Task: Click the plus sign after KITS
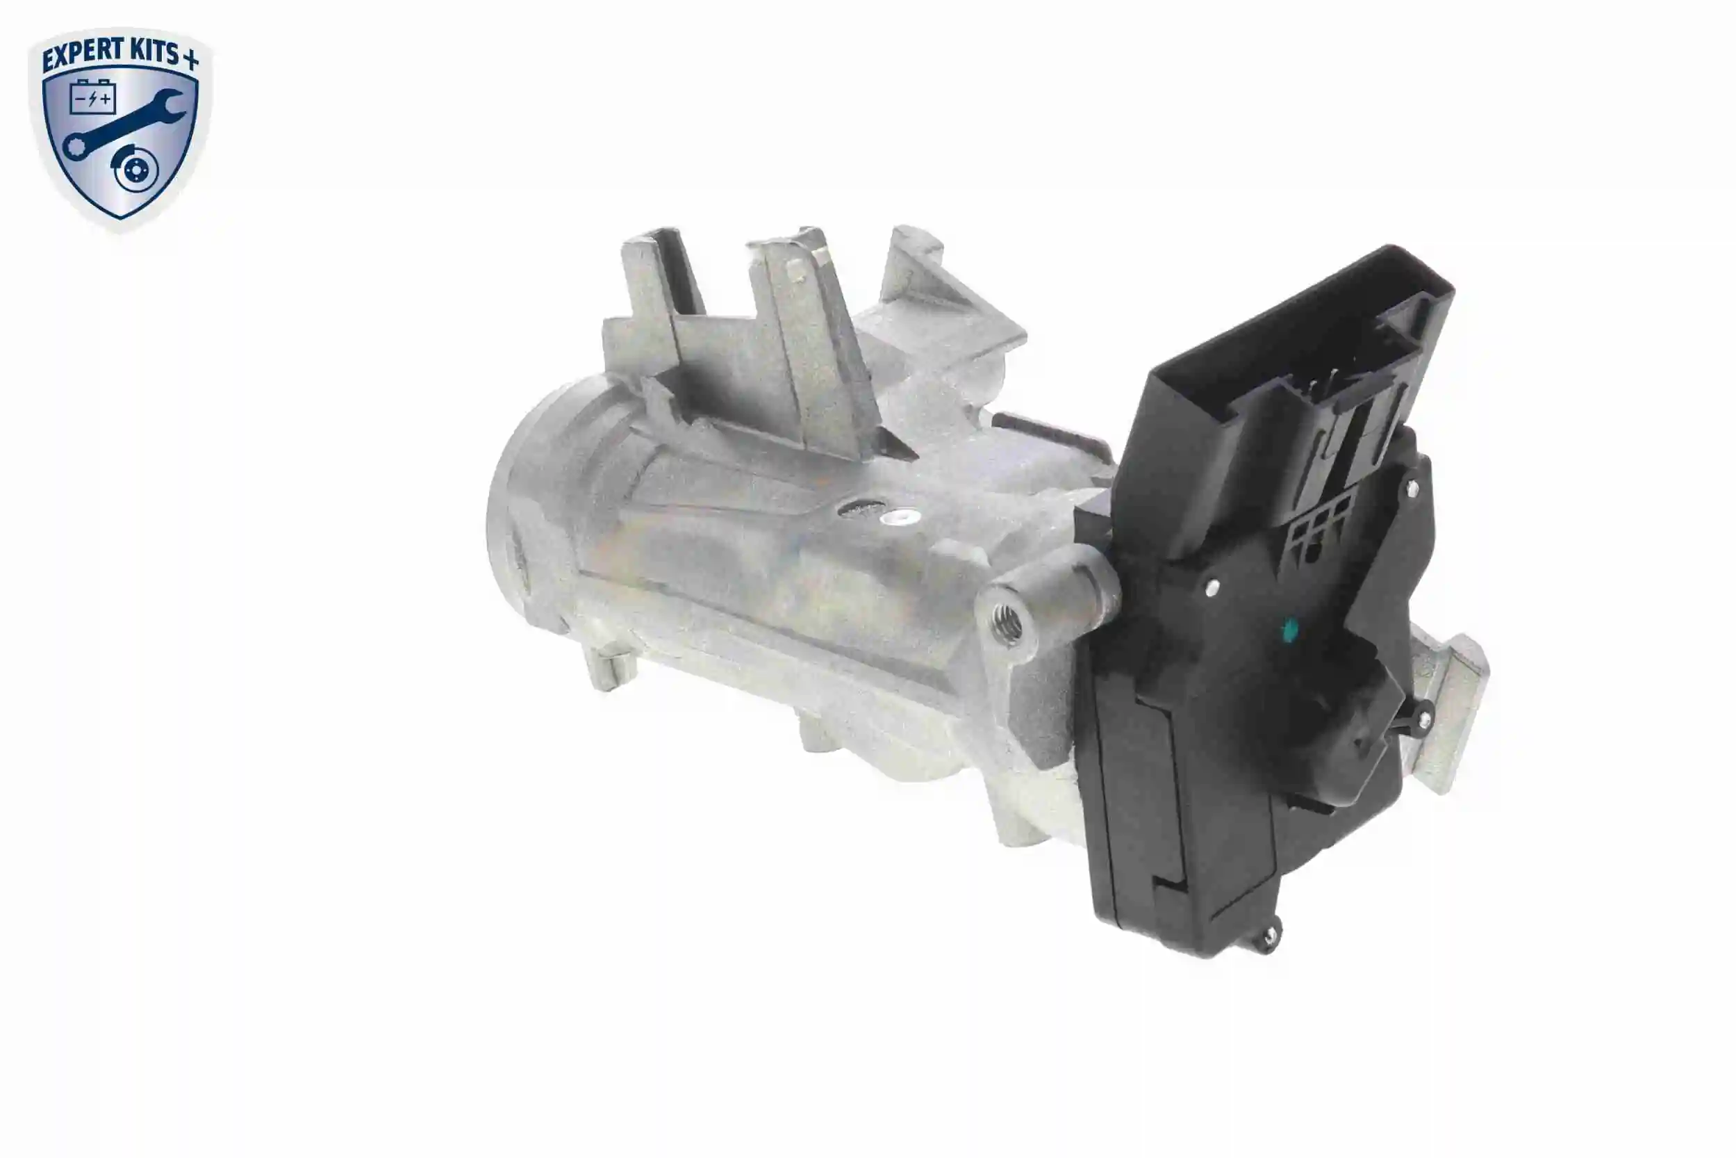coord(190,60)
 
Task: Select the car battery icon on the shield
coord(92,97)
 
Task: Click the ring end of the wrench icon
coord(76,145)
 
